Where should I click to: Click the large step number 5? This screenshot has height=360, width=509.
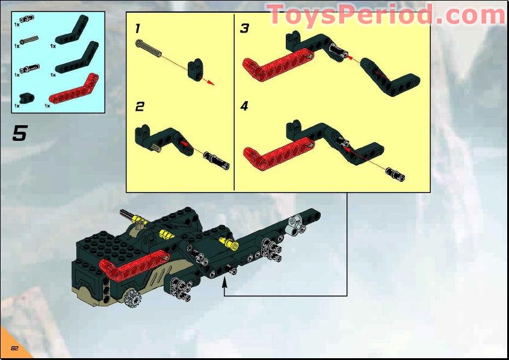point(20,133)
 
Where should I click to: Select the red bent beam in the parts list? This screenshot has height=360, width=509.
point(72,90)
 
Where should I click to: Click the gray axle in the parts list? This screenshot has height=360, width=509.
point(30,40)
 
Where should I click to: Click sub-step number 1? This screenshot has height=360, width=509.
point(138,28)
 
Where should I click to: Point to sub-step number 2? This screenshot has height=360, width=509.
point(140,107)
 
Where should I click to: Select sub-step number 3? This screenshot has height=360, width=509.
point(244,28)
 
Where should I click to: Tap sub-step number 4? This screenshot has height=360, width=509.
point(244,107)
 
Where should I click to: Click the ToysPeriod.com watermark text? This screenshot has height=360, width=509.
point(385,14)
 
